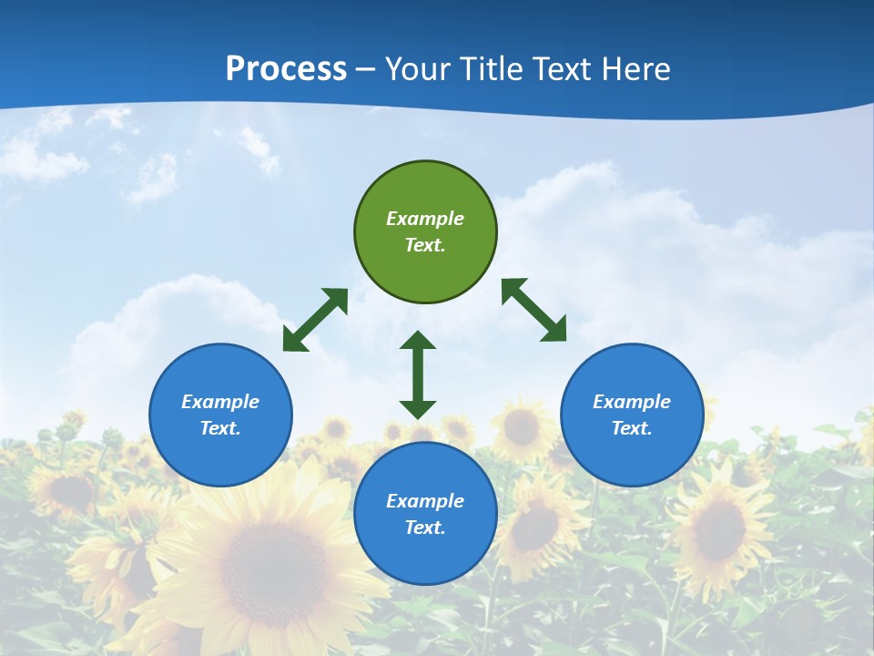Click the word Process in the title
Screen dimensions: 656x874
pyautogui.click(x=286, y=69)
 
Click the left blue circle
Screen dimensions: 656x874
pyautogui.click(x=220, y=456)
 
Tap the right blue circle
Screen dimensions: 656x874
pyautogui.click(x=632, y=456)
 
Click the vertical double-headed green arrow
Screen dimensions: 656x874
pyautogui.click(x=418, y=374)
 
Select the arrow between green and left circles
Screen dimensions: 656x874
pyautogui.click(x=315, y=320)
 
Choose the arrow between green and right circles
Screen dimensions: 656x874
pyautogui.click(x=534, y=311)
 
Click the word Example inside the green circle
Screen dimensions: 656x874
pyautogui.click(x=425, y=219)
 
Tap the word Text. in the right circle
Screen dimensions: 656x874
pyautogui.click(x=632, y=428)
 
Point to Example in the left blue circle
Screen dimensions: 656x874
pyautogui.click(x=220, y=402)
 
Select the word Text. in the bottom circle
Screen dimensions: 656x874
pyautogui.click(x=425, y=528)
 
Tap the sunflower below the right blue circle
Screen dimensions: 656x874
pyautogui.click(x=719, y=528)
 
